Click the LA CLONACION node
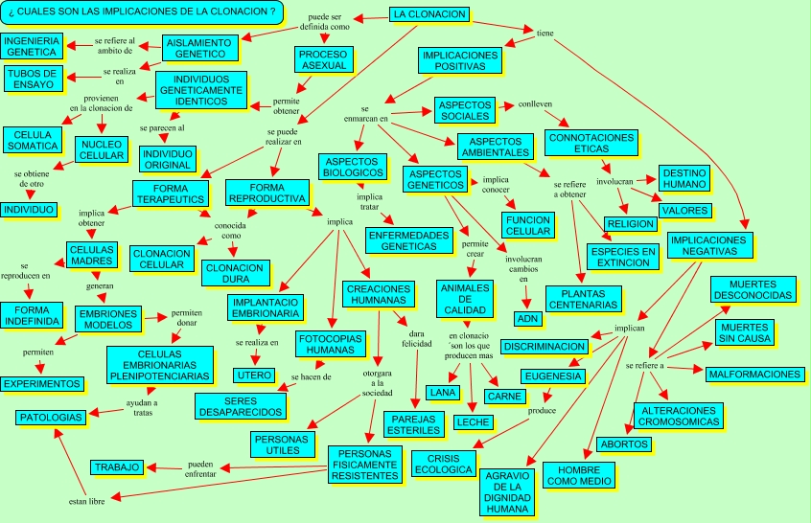(x=429, y=14)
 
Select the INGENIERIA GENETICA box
(x=33, y=46)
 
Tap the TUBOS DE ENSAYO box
(x=33, y=78)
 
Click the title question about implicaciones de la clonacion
(x=143, y=11)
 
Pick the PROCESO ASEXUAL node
(x=324, y=60)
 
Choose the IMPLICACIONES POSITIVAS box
(x=459, y=60)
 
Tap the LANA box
(x=442, y=392)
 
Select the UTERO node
(x=254, y=375)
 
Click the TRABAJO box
(x=117, y=467)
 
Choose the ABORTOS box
(x=624, y=443)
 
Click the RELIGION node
(x=631, y=223)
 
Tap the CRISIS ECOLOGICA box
(x=443, y=464)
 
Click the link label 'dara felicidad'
(x=414, y=336)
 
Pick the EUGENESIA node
(x=552, y=375)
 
